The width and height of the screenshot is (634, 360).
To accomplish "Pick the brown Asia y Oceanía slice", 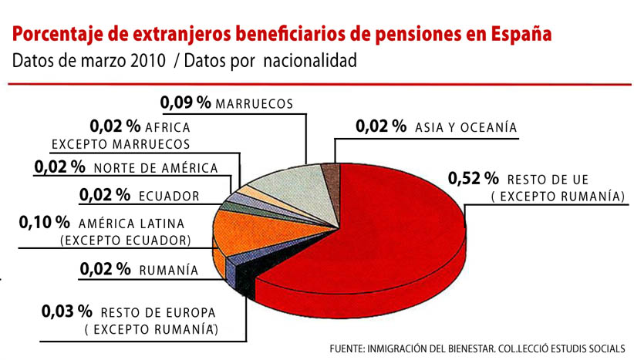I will coord(330,172).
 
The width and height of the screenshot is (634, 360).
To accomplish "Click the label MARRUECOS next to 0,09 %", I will coord(255,103).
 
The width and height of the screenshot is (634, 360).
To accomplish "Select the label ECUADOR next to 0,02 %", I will coord(169,196).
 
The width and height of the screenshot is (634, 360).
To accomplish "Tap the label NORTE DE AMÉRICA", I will coord(156,167).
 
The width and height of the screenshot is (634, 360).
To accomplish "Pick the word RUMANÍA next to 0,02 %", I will coord(169,271).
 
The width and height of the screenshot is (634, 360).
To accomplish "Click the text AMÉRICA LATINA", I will coord(132,224).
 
